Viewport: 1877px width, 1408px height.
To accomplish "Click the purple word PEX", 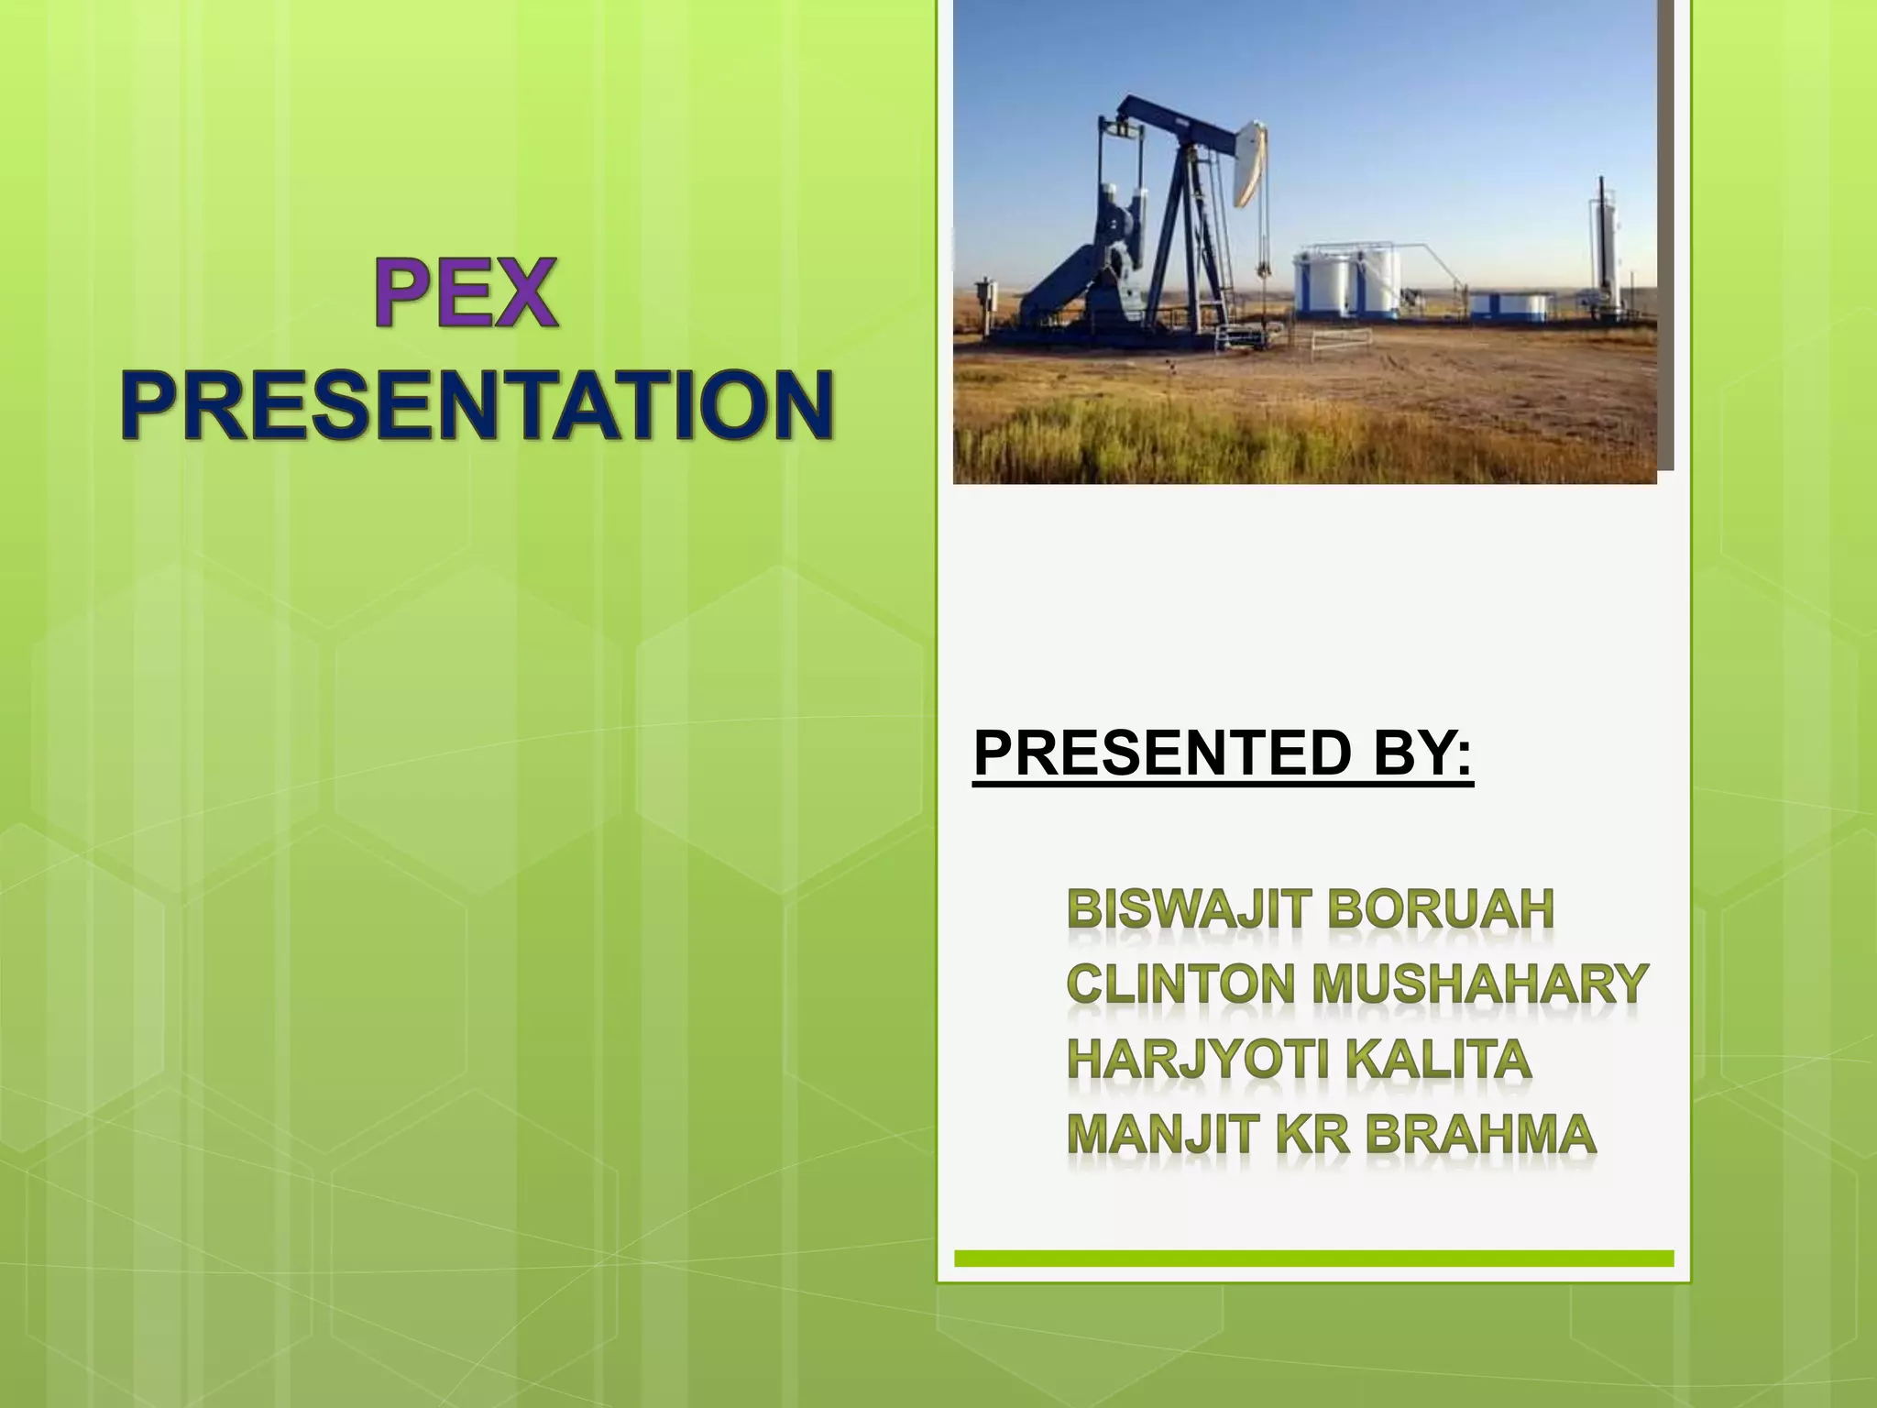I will point(466,292).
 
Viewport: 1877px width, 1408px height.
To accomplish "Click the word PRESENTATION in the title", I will point(477,404).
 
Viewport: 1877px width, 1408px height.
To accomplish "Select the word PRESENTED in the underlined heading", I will point(1162,753).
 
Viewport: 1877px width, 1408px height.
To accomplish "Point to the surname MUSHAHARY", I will point(1479,984).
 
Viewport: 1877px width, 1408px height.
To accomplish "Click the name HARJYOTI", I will point(1197,1060).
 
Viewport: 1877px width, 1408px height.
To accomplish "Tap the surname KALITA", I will point(1440,1060).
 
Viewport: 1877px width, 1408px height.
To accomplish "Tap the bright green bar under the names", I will point(1313,1259).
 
